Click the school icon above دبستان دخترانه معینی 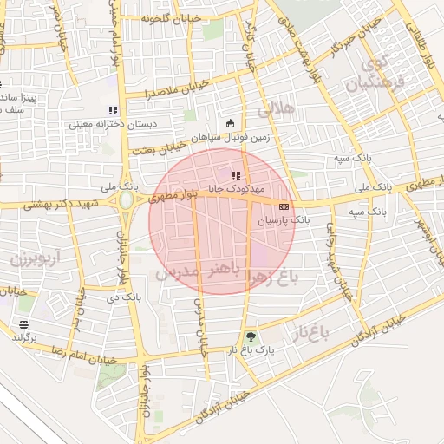112,110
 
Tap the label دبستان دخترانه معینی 113,125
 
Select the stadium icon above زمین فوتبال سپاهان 229,123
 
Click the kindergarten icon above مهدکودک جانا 236,175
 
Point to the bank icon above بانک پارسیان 284,207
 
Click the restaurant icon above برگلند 23,324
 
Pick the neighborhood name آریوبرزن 37,258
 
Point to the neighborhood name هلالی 277,108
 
